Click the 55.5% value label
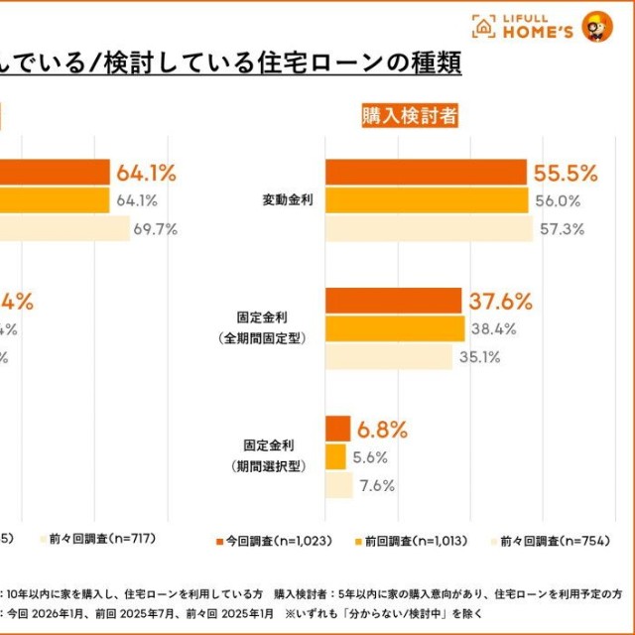pos(566,173)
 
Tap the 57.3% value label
pos(562,229)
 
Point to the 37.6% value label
pos(501,301)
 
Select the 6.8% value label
pos(382,430)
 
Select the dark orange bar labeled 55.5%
pos(427,173)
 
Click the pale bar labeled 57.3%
pos(429,229)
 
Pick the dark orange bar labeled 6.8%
pos(337,429)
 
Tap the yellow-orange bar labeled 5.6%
pos(335,457)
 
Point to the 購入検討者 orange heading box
pos(410,116)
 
